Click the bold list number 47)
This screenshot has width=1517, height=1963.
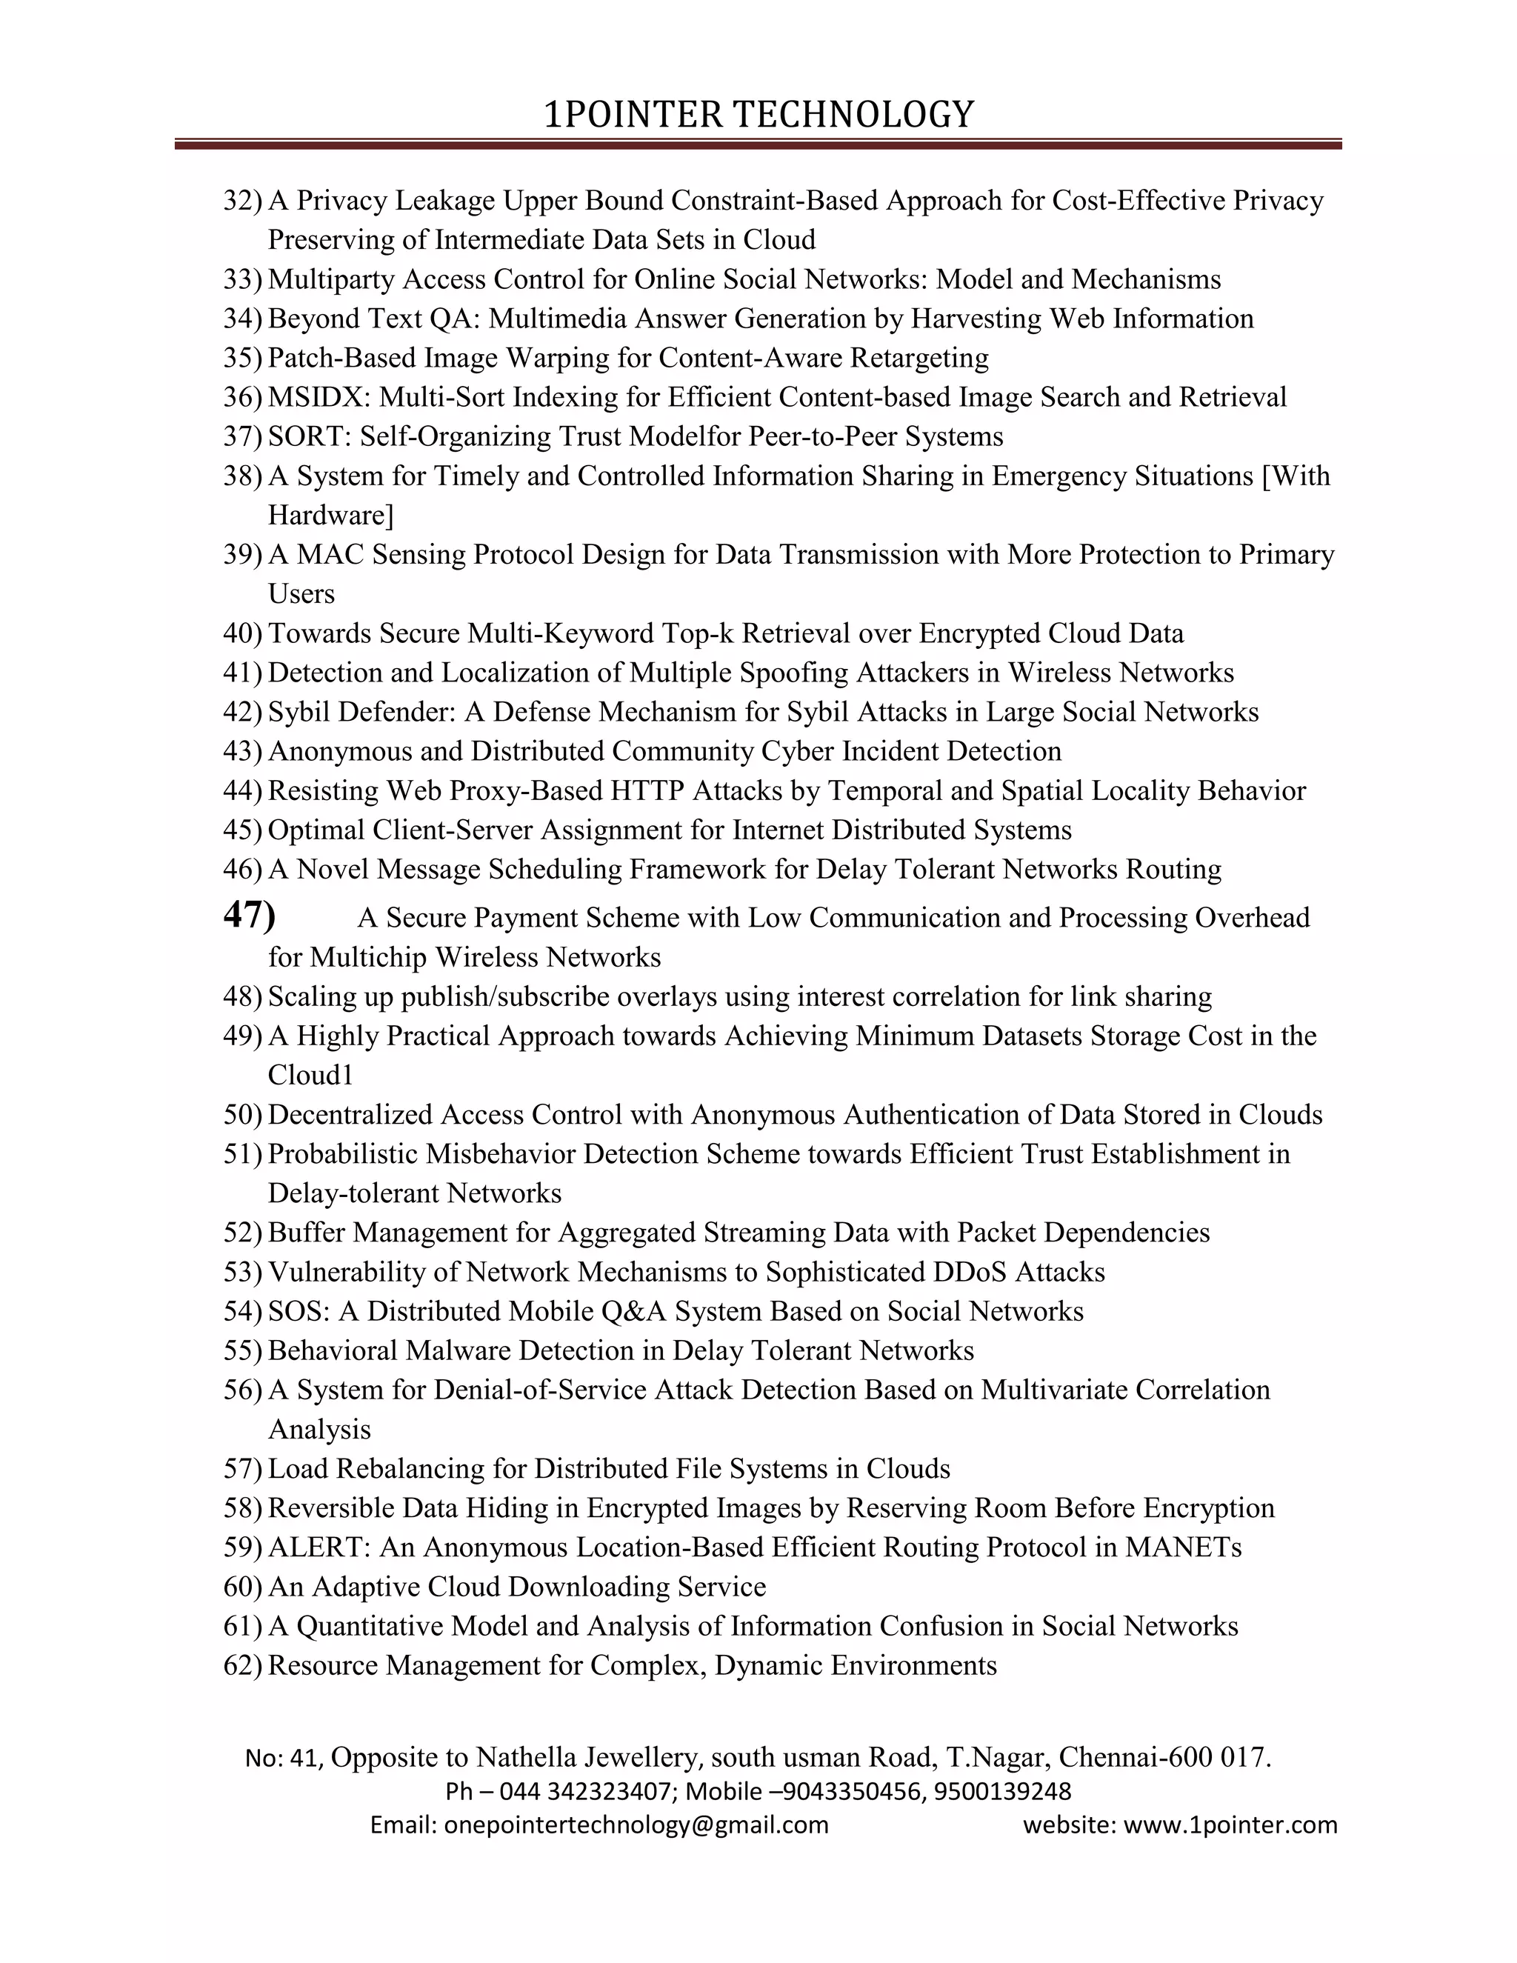pyautogui.click(x=248, y=914)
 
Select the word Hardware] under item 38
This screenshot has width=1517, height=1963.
pyautogui.click(x=330, y=516)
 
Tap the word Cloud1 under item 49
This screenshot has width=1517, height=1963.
pyautogui.click(x=311, y=1076)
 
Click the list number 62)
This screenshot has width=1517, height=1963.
pyautogui.click(x=241, y=1665)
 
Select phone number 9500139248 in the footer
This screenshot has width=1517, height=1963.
pyautogui.click(x=1002, y=1791)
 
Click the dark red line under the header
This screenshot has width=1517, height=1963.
pyautogui.click(x=758, y=144)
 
